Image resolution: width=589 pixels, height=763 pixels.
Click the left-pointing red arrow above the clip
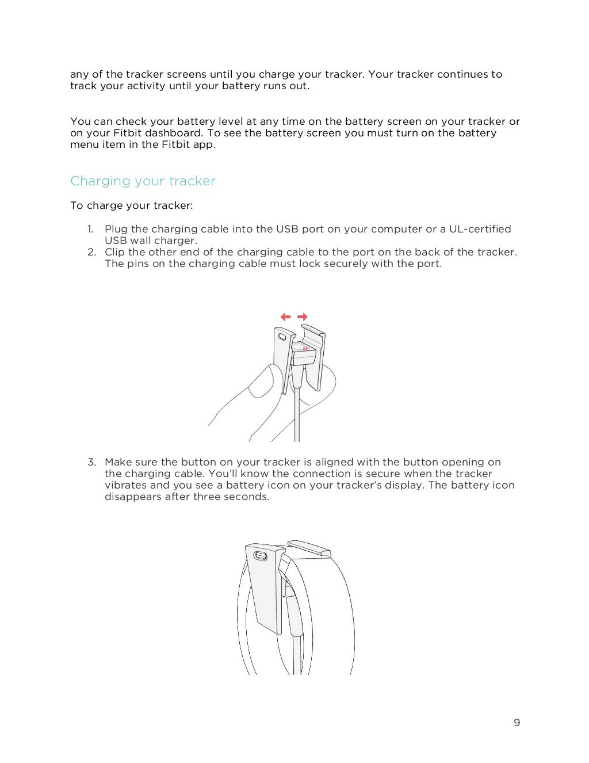[x=285, y=316]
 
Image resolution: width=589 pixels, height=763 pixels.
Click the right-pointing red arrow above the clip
[x=303, y=316]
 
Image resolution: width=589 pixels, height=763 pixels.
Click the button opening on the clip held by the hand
[x=282, y=336]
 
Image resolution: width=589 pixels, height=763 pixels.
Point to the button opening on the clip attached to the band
[x=261, y=556]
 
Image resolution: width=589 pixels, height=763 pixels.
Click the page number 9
[x=517, y=723]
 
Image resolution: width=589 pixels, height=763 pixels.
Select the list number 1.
[x=90, y=229]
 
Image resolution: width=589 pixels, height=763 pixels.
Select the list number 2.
[x=91, y=252]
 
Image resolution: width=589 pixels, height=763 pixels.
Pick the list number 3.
[x=91, y=462]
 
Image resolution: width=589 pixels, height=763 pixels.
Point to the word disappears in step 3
[x=133, y=497]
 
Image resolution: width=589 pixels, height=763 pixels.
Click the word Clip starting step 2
[x=114, y=252]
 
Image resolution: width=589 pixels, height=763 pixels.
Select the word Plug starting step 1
[x=116, y=229]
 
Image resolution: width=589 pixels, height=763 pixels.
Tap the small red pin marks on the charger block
[x=306, y=348]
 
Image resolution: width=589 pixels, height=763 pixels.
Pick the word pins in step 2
[x=136, y=264]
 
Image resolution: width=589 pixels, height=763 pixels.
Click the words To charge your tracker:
[x=131, y=205]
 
